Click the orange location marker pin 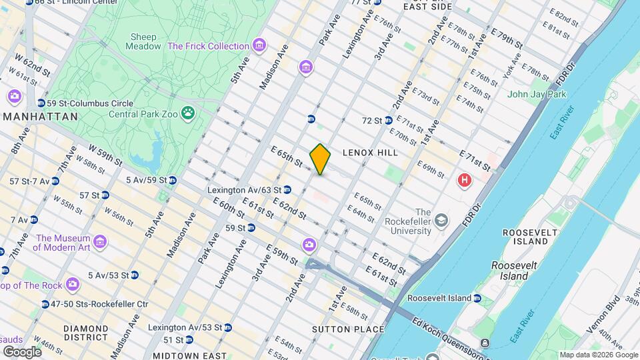(x=320, y=159)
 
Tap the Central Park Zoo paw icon (x=189, y=114)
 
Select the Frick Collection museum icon (x=259, y=46)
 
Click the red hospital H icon (x=464, y=180)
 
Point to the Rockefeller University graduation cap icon (x=441, y=220)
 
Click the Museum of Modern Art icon (x=100, y=241)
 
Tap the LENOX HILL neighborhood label (x=370, y=153)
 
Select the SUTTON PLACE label (x=357, y=329)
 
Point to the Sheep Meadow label (x=143, y=41)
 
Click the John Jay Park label (x=537, y=94)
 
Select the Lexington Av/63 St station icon (x=287, y=190)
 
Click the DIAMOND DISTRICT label (x=85, y=333)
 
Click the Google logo (x=22, y=351)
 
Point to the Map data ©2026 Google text (x=598, y=355)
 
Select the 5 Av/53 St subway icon (x=135, y=275)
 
